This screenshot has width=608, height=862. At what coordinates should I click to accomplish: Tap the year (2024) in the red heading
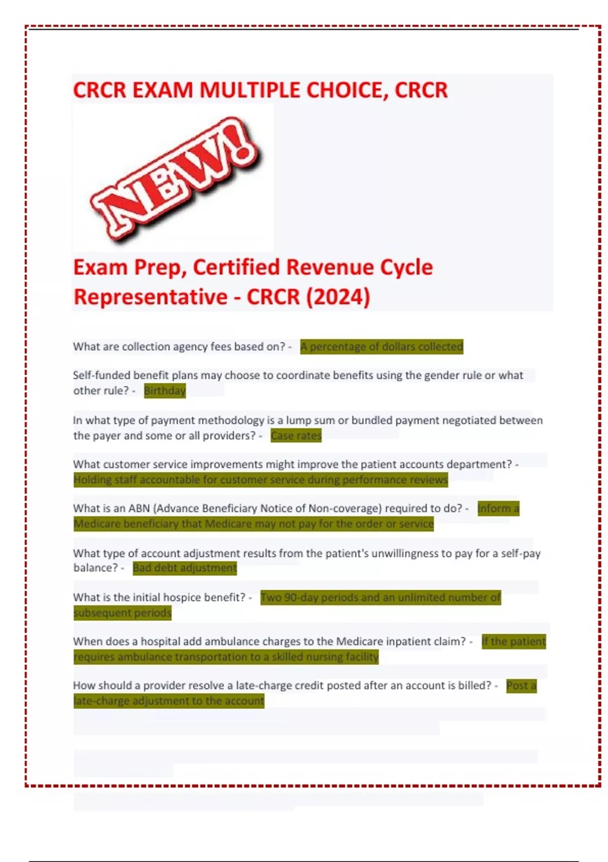click(338, 297)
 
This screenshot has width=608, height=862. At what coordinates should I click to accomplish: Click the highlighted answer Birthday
click(165, 390)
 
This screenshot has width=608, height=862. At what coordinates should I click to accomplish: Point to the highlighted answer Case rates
click(296, 436)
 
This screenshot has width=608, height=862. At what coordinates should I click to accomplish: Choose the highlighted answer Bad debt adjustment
click(184, 568)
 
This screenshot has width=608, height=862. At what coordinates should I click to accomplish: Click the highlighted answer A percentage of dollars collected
click(382, 347)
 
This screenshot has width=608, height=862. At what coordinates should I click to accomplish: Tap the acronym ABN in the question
click(139, 509)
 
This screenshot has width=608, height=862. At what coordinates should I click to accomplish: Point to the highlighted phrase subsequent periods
click(123, 613)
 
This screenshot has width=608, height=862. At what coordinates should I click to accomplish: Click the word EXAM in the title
click(163, 90)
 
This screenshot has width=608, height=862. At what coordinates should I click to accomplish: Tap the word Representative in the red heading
click(150, 297)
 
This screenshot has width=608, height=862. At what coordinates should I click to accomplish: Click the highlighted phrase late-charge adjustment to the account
click(169, 701)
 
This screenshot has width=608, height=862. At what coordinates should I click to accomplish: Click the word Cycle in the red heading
click(406, 267)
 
